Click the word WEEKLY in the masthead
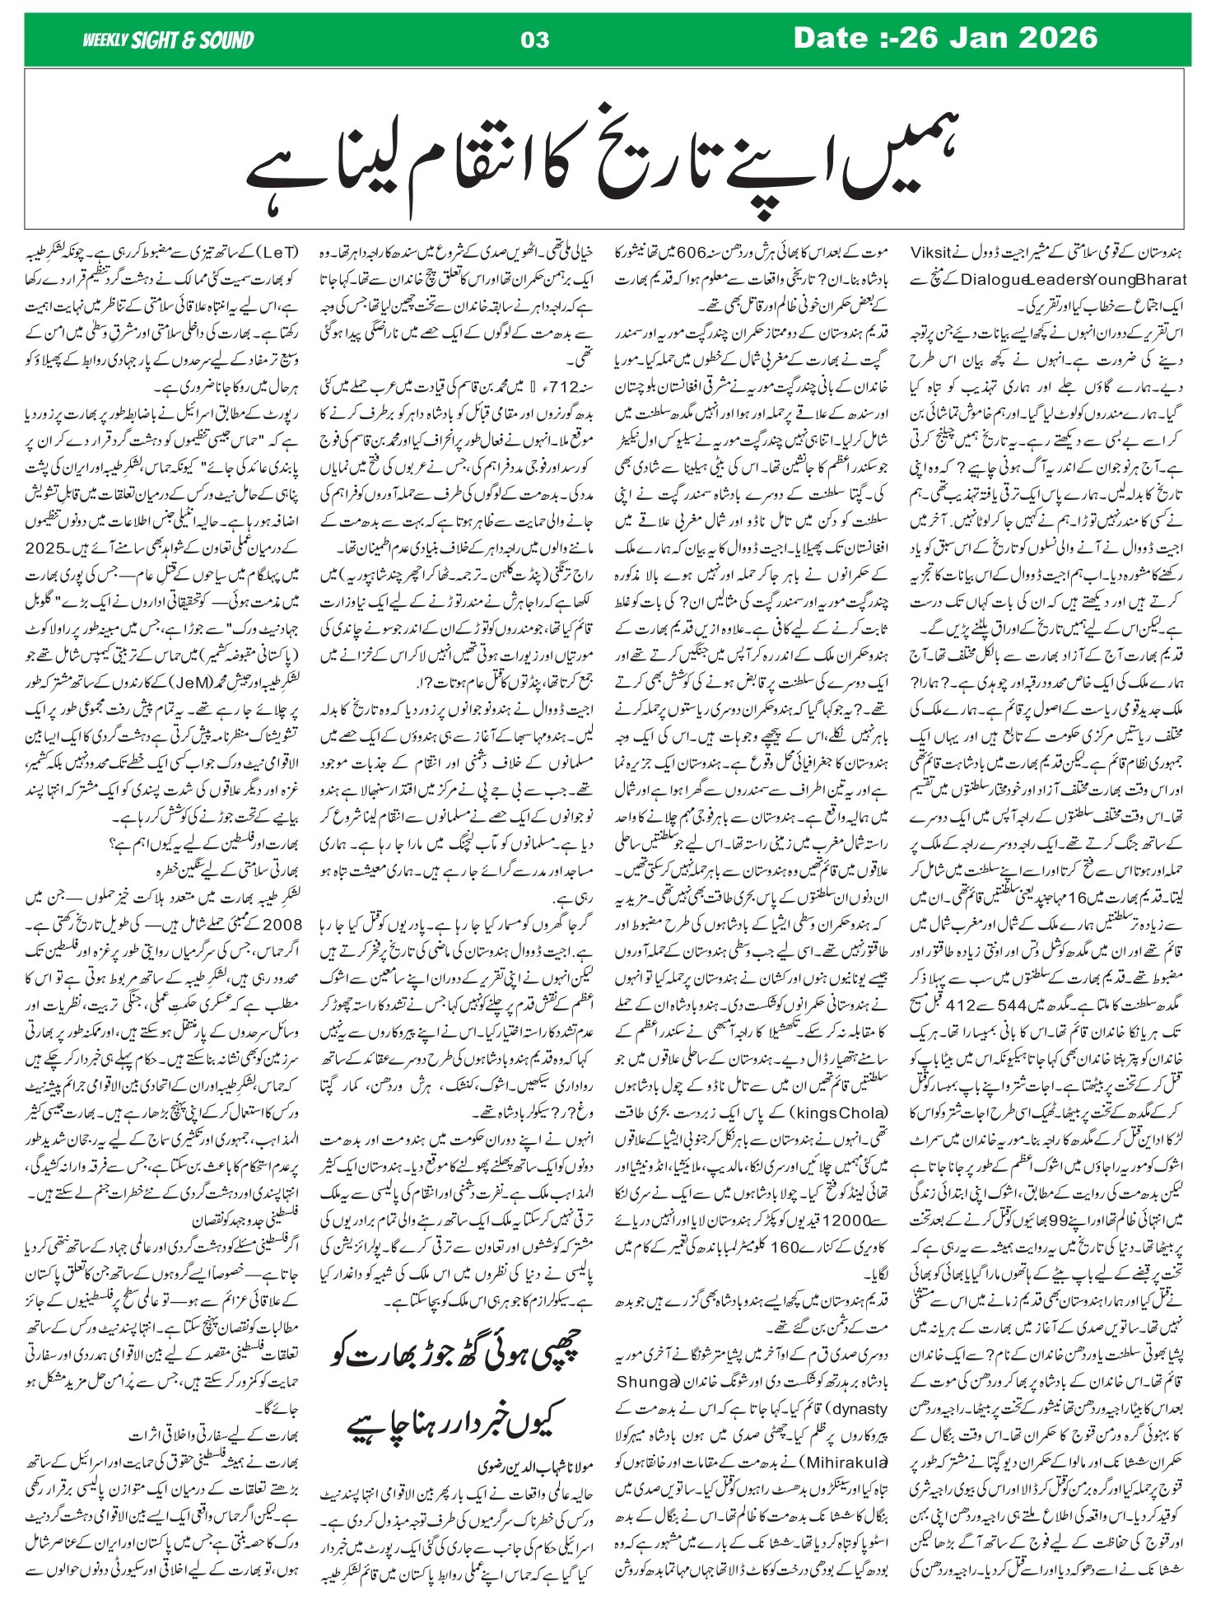[104, 40]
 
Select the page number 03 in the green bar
[535, 40]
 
